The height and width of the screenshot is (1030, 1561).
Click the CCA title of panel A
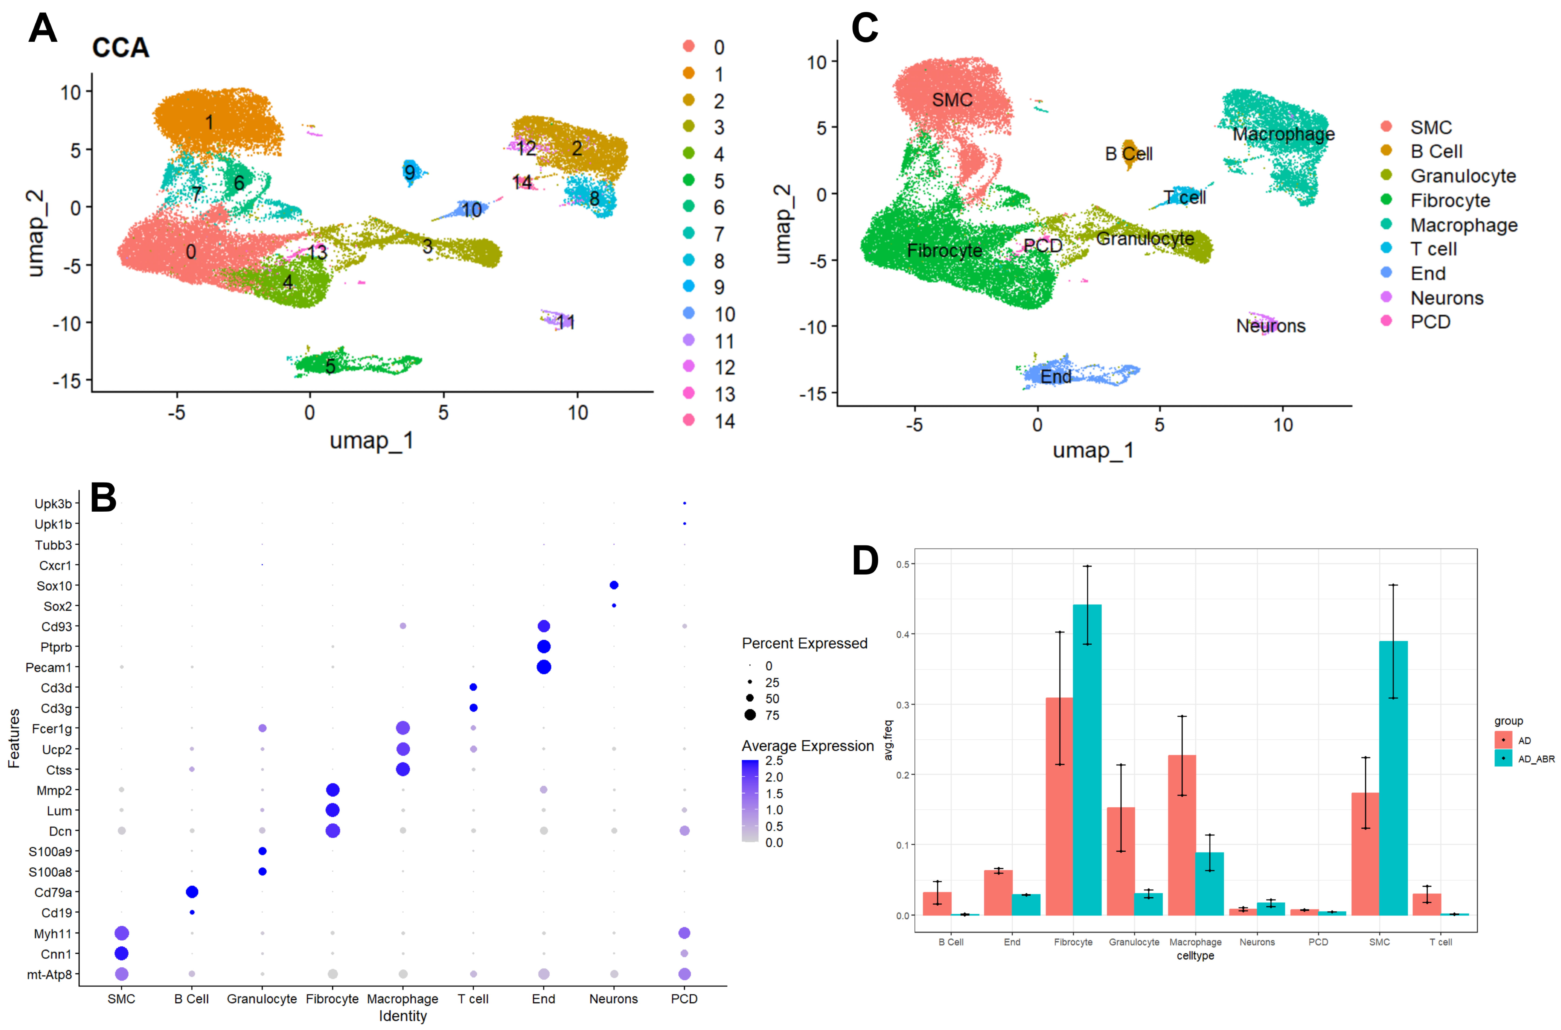pos(121,48)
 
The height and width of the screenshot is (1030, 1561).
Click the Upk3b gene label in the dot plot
pos(53,504)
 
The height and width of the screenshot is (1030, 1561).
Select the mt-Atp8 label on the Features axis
pos(49,974)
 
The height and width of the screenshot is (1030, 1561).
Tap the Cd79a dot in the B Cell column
pos(192,892)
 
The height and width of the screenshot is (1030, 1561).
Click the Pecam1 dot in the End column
pos(544,667)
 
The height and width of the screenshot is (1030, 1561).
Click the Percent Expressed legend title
pos(804,643)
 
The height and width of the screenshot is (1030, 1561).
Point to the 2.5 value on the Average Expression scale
pos(774,761)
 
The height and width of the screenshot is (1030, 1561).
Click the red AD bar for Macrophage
pos(1182,834)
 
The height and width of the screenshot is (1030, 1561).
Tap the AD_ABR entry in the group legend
pos(1535,759)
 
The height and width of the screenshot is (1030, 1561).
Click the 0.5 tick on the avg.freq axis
pos(903,564)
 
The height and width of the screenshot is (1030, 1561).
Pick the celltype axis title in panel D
pos(1195,956)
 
